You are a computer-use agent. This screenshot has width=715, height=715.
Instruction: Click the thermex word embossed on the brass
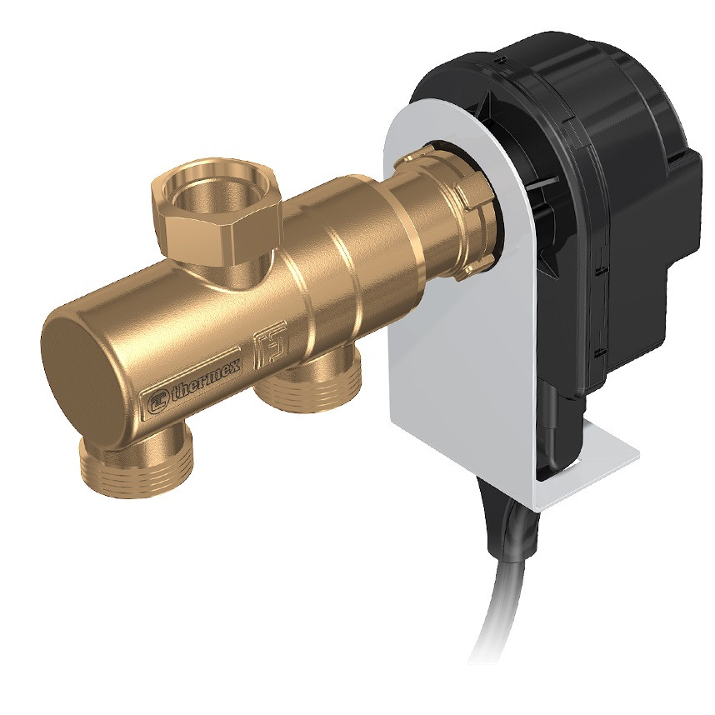(x=207, y=380)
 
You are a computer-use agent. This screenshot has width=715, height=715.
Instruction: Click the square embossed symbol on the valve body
(x=271, y=341)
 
